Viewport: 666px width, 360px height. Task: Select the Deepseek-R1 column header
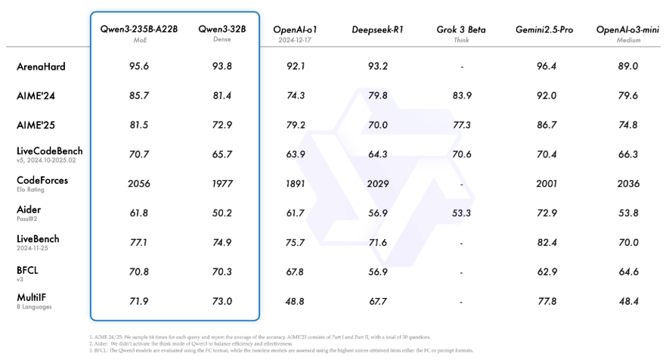pos(376,29)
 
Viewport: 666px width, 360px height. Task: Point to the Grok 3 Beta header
pos(461,29)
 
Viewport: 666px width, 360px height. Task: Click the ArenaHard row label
pos(41,67)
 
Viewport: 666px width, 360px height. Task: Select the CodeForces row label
pos(42,181)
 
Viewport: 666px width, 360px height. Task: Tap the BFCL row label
pos(27,268)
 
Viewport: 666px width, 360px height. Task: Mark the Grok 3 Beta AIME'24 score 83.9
pos(461,96)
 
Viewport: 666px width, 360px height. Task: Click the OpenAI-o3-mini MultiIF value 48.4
pos(627,301)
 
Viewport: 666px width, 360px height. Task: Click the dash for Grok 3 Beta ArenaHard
pos(461,67)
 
